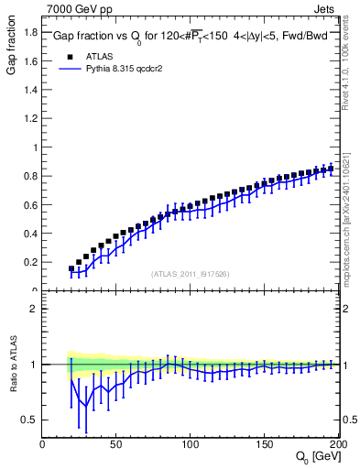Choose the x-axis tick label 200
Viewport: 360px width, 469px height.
[x=336, y=444]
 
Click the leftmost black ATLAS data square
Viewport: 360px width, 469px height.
[x=71, y=268]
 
